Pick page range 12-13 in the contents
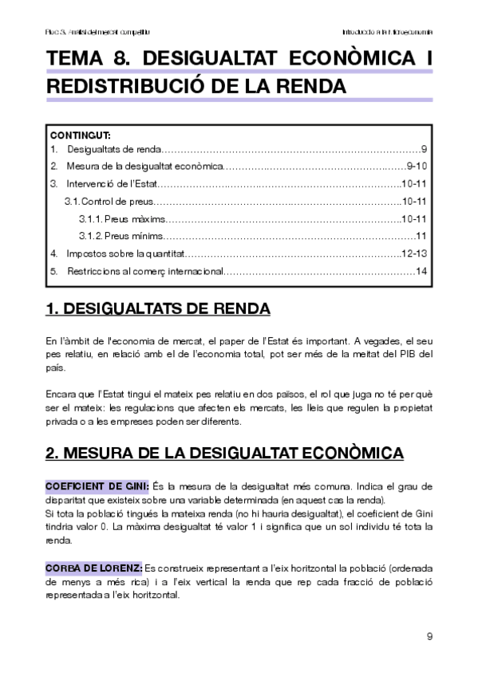[417, 253]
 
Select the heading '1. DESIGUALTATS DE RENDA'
[158, 309]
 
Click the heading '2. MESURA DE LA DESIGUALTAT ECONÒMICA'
[224, 453]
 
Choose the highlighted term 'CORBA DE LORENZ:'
[94, 568]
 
